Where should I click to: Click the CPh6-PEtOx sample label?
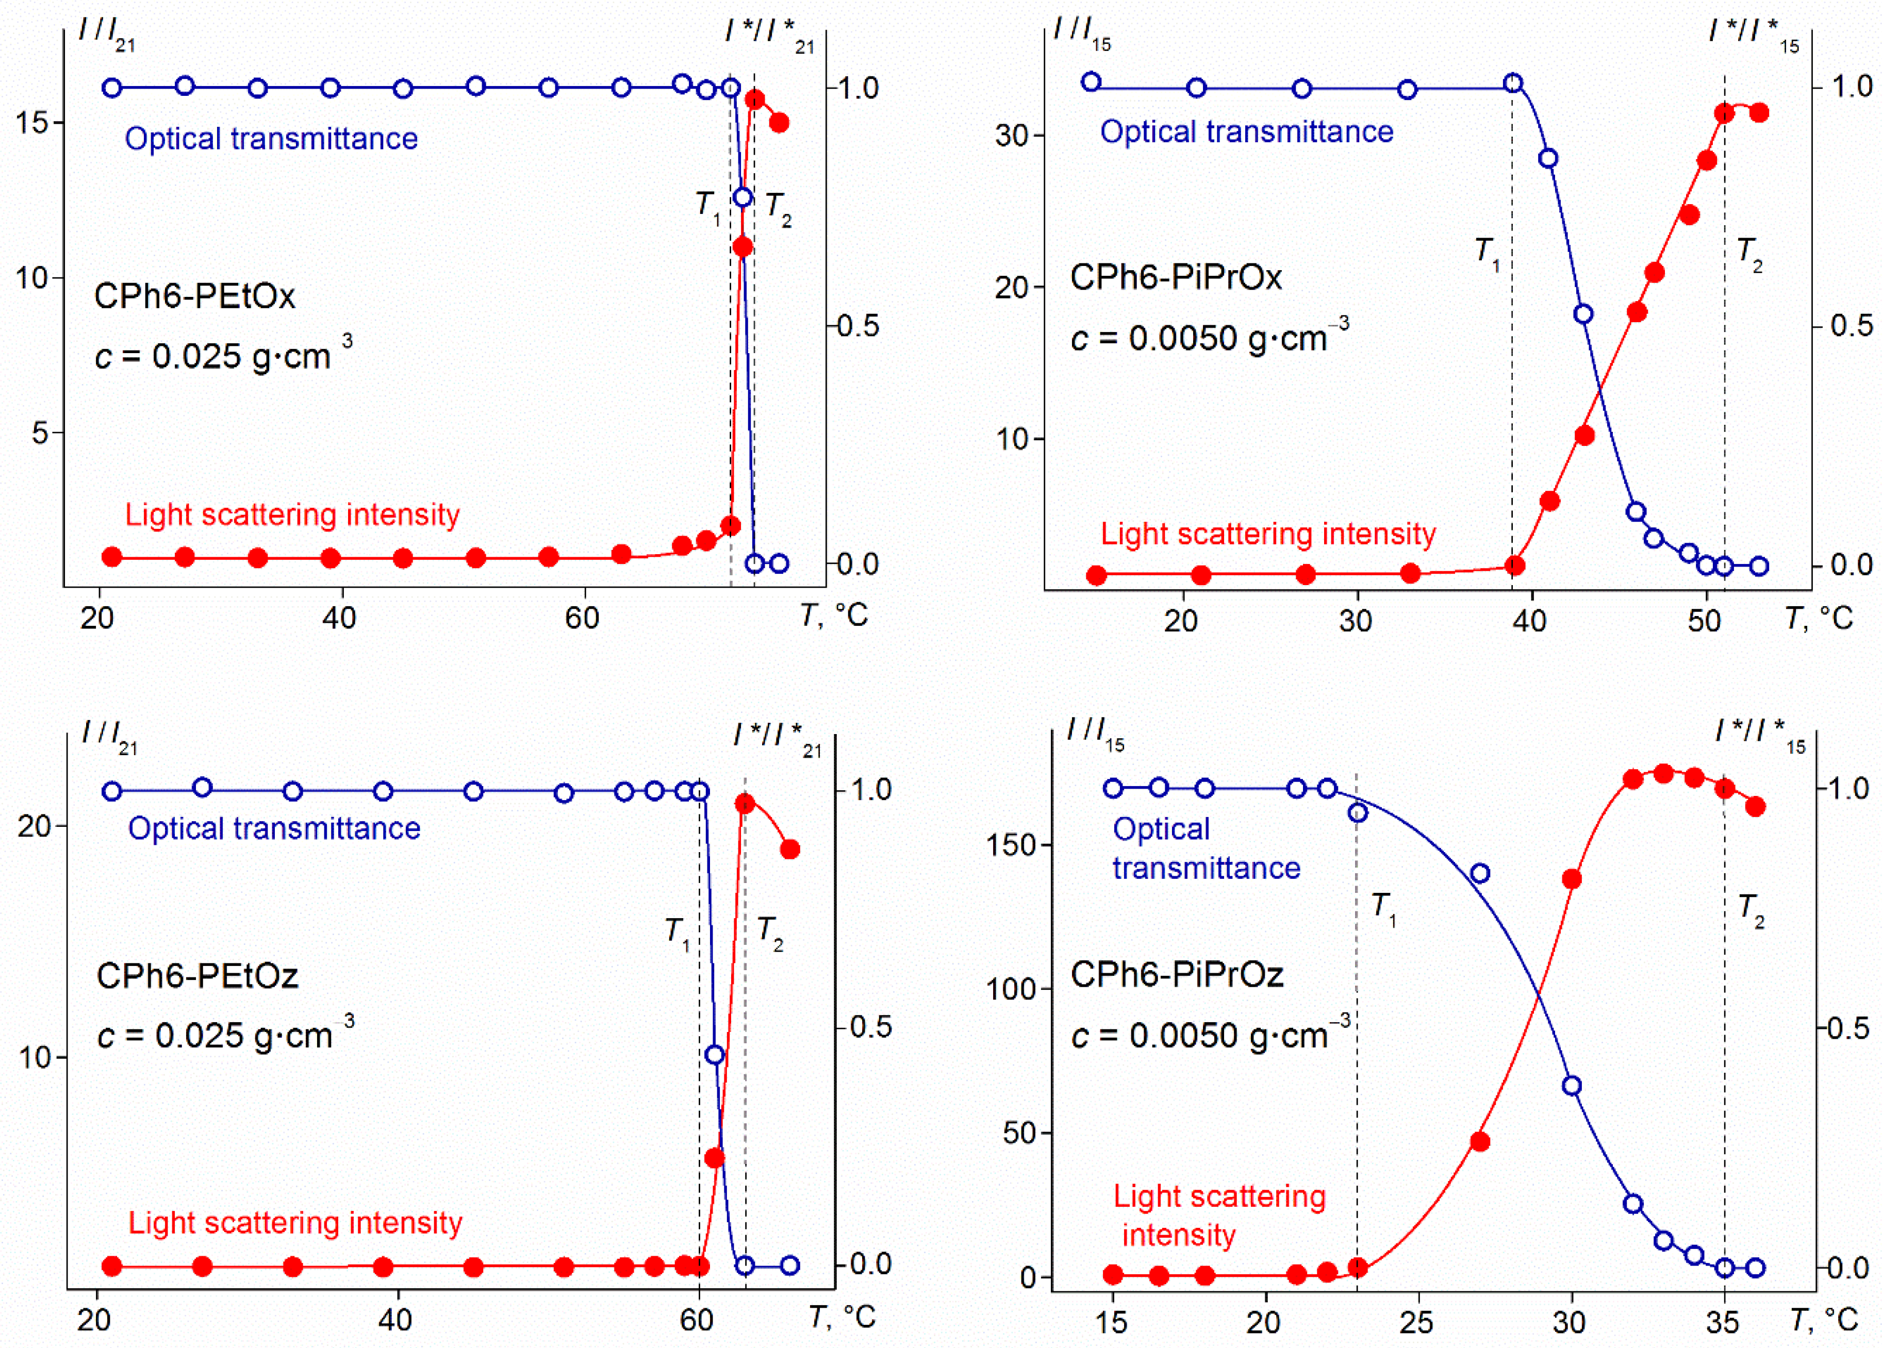(x=194, y=296)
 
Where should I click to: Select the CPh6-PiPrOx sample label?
(x=1175, y=277)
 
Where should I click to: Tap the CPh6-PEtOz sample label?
(x=196, y=975)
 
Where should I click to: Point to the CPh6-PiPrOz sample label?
(x=1177, y=974)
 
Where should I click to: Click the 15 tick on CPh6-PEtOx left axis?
(x=32, y=123)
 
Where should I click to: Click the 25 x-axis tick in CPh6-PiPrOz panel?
(x=1416, y=1322)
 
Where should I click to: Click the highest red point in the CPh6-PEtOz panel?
(x=745, y=803)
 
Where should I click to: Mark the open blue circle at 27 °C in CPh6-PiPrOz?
(x=1479, y=874)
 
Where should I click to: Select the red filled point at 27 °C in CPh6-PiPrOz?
(x=1479, y=1141)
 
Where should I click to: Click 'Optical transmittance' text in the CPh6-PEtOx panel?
(x=271, y=139)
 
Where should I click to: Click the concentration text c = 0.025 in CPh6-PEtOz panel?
(x=224, y=1035)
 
